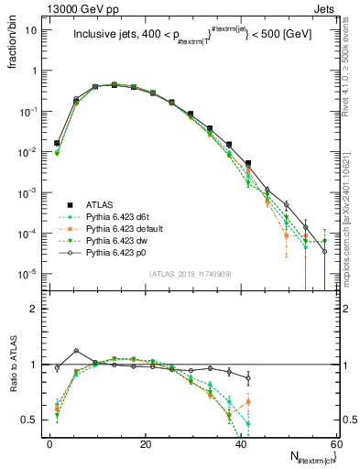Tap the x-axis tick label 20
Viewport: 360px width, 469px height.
point(145,443)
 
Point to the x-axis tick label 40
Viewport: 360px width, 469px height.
point(241,443)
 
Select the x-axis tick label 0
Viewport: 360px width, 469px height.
point(49,443)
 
